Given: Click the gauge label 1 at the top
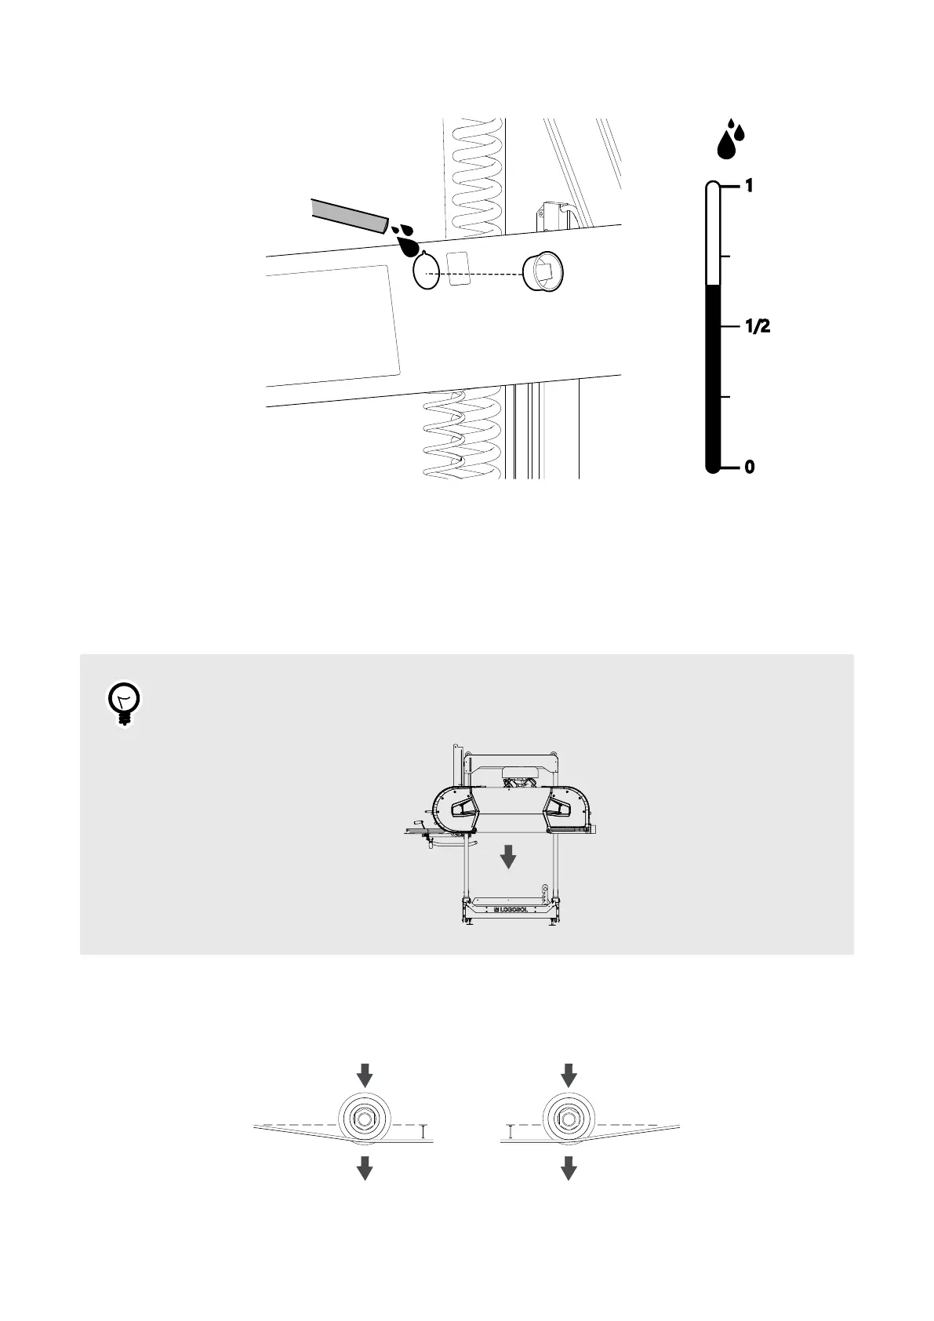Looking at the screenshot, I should point(749,186).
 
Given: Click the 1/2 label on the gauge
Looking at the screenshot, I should point(756,326).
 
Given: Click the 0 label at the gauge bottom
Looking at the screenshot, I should point(749,467).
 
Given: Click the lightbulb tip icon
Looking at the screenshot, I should point(123,703).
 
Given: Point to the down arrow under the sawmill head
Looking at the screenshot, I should point(508,856).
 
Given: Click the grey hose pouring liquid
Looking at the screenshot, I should point(350,214).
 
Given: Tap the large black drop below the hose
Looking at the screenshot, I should point(408,246).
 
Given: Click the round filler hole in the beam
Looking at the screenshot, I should point(426,271).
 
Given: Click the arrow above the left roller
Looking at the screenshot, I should point(365,1074).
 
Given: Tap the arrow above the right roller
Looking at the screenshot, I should point(569,1074).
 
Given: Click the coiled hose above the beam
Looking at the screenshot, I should point(474,176).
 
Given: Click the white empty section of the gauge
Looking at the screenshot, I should point(713,235).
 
